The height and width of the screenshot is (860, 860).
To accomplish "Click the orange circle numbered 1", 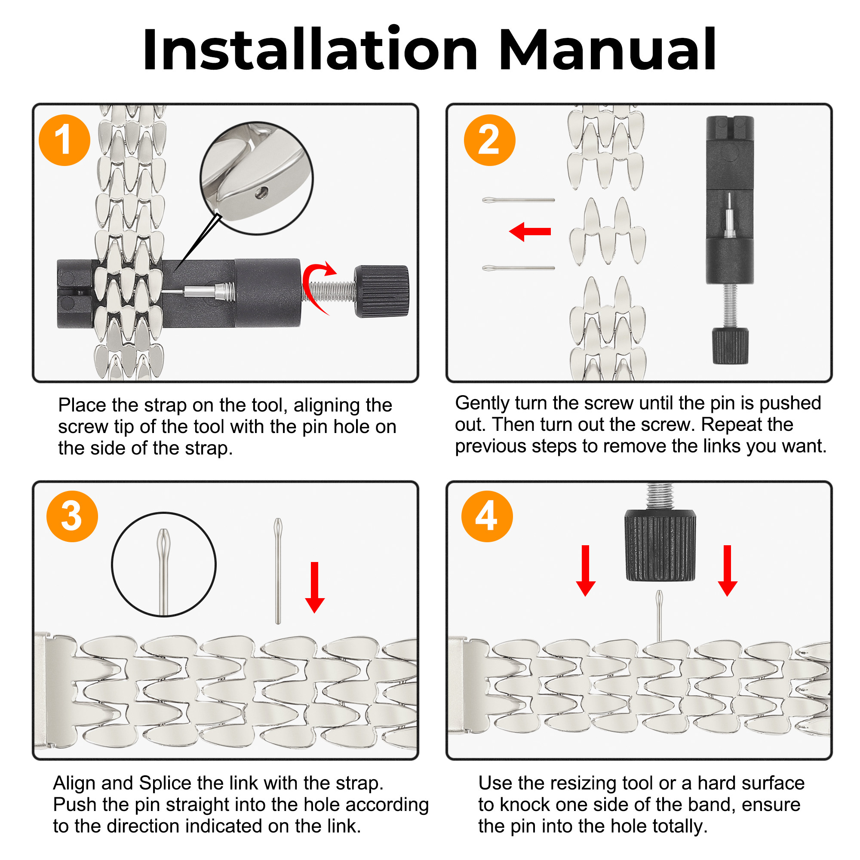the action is (x=64, y=140).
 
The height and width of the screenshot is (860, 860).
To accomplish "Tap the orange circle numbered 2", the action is (x=490, y=140).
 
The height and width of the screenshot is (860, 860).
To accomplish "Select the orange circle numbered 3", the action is (x=72, y=516).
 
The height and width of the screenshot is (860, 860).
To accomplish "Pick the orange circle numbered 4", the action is (x=487, y=516).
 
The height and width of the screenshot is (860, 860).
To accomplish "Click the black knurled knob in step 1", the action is (x=381, y=292).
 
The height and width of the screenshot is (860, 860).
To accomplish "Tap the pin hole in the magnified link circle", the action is (x=261, y=192).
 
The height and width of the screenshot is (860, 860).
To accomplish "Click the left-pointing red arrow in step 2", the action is (x=530, y=231).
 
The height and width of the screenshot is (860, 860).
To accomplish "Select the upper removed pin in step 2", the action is (x=519, y=200).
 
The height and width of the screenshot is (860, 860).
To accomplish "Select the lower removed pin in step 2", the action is (x=519, y=268).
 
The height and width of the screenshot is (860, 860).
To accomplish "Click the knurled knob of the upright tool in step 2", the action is (x=730, y=346).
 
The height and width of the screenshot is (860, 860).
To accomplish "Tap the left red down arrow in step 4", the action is (x=586, y=571).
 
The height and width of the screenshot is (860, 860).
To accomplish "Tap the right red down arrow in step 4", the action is (x=728, y=571).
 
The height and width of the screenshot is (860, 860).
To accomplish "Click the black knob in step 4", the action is (x=660, y=545).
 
